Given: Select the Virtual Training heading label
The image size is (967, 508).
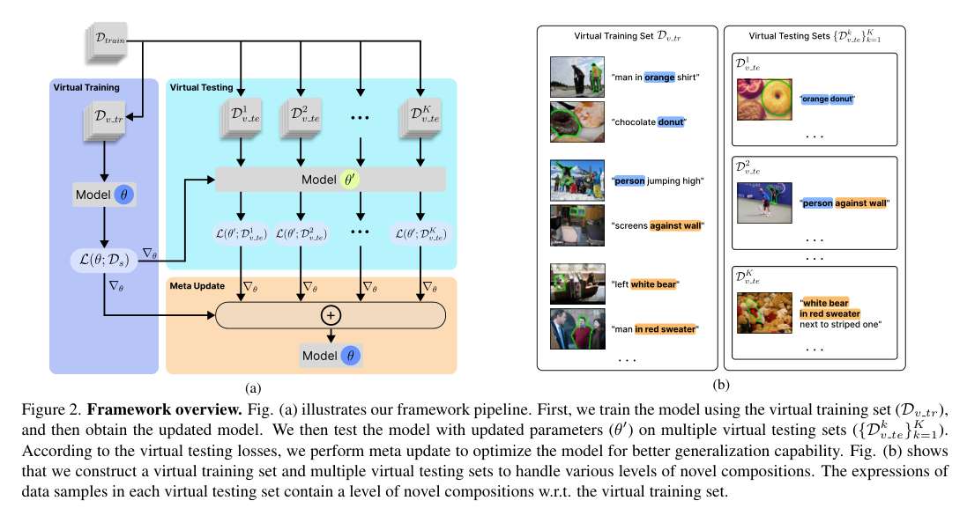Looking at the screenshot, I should pyautogui.click(x=86, y=88).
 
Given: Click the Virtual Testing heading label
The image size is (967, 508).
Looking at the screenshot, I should pyautogui.click(x=201, y=88).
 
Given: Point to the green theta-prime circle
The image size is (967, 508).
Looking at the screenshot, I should pyautogui.click(x=351, y=180).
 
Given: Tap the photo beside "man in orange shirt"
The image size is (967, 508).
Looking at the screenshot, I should pyautogui.click(x=576, y=77).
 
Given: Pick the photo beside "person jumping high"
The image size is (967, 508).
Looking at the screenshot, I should pyautogui.click(x=576, y=180).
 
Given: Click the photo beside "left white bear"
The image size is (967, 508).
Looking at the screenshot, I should pyautogui.click(x=576, y=283).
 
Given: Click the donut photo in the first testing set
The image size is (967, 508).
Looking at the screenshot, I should pyautogui.click(x=763, y=98).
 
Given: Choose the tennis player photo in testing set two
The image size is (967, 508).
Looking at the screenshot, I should pyautogui.click(x=763, y=203).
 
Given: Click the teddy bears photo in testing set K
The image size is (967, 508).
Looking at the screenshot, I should pyautogui.click(x=763, y=313).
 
